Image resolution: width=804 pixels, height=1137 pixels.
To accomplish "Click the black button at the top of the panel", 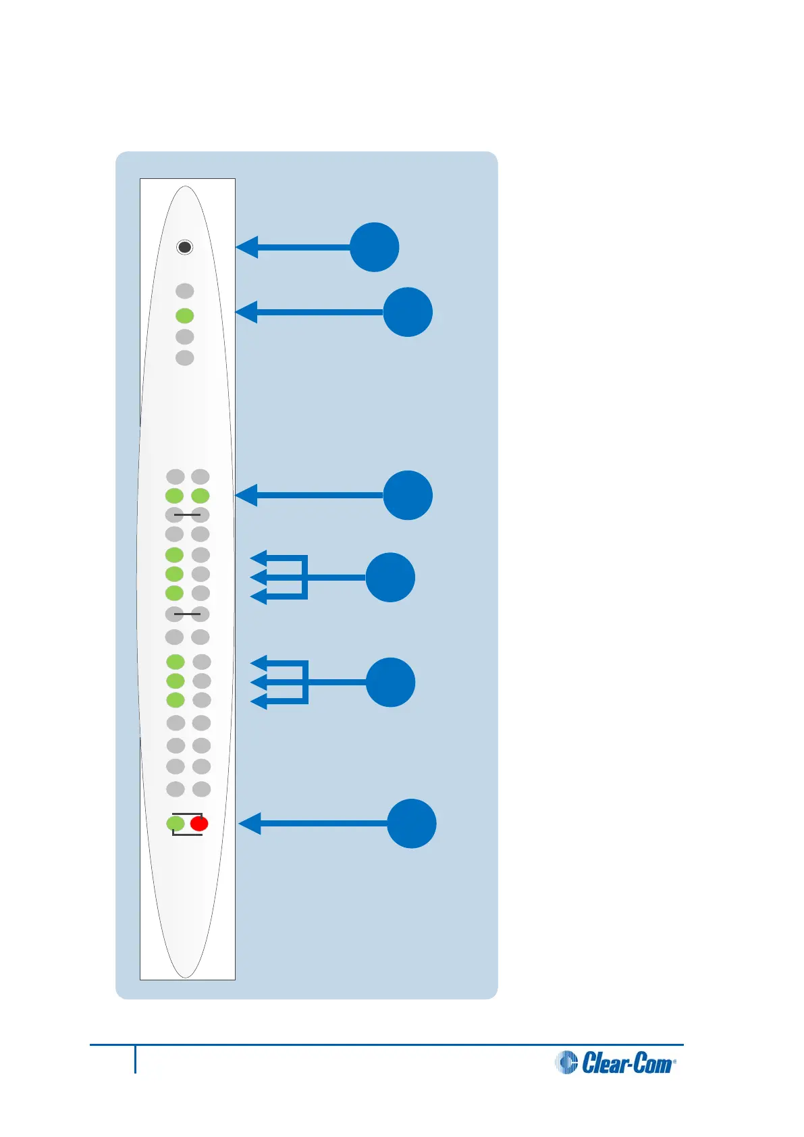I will (x=184, y=247).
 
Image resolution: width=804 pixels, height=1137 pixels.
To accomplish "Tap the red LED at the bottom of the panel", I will (x=199, y=824).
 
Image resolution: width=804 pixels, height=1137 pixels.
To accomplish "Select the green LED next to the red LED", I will (x=176, y=824).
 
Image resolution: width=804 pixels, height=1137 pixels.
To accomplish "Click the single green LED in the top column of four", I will (x=184, y=315).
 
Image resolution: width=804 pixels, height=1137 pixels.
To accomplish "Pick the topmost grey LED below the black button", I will (x=184, y=291).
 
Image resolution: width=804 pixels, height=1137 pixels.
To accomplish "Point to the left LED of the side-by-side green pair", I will (x=174, y=496).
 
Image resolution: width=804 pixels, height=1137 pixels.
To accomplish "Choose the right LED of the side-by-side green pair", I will (x=200, y=496).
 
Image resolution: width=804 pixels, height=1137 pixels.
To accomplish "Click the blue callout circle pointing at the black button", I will (x=375, y=247).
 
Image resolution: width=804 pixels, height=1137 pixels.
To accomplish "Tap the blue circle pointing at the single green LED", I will (x=408, y=312).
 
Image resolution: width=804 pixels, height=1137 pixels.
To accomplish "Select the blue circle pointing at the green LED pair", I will (x=408, y=495).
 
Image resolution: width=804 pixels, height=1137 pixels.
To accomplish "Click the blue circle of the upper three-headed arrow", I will (x=390, y=577).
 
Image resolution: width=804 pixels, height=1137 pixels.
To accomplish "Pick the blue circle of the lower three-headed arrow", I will (x=390, y=682).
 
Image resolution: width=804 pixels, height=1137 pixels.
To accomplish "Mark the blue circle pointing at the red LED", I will (x=411, y=824).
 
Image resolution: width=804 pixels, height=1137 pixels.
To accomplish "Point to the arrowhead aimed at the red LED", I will (x=250, y=824).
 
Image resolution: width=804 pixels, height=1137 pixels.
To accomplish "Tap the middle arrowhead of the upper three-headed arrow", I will (x=258, y=577).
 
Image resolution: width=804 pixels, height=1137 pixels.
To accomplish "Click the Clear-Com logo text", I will (x=628, y=1063).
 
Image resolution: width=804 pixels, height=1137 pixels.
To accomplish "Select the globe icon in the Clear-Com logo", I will (x=566, y=1063).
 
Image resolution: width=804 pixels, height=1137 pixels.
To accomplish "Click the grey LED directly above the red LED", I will (x=202, y=789).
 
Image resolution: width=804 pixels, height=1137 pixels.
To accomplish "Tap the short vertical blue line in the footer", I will (x=135, y=1059).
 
